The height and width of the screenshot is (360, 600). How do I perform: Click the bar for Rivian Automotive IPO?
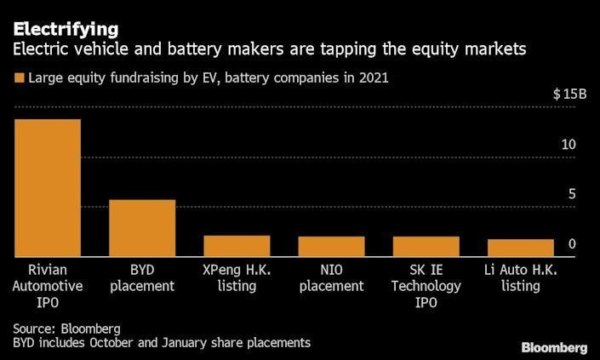pyautogui.click(x=48, y=187)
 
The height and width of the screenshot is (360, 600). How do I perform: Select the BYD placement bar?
pyautogui.click(x=142, y=227)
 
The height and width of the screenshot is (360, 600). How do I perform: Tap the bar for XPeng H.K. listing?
pyautogui.click(x=237, y=245)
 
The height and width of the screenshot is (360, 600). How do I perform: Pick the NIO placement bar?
pyautogui.click(x=331, y=246)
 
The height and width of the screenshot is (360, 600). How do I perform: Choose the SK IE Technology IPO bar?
pyautogui.click(x=426, y=246)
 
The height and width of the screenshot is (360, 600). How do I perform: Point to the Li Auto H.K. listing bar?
pyautogui.click(x=520, y=247)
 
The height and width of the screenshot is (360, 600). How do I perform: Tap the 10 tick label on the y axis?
pyautogui.click(x=568, y=145)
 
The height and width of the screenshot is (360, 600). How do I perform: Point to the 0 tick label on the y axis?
pyautogui.click(x=572, y=244)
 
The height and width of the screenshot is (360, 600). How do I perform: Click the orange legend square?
pyautogui.click(x=18, y=78)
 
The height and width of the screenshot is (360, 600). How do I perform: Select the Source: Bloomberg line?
pyautogui.click(x=66, y=328)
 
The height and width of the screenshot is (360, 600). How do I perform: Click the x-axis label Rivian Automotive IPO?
pyautogui.click(x=48, y=286)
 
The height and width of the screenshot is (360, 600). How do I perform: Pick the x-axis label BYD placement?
pyautogui.click(x=142, y=277)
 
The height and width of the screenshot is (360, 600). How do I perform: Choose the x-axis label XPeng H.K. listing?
pyautogui.click(x=237, y=277)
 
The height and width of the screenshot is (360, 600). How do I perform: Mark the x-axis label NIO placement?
pyautogui.click(x=331, y=277)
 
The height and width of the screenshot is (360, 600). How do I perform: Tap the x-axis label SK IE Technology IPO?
pyautogui.click(x=426, y=286)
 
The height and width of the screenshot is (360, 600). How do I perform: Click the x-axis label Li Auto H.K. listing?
pyautogui.click(x=520, y=277)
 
